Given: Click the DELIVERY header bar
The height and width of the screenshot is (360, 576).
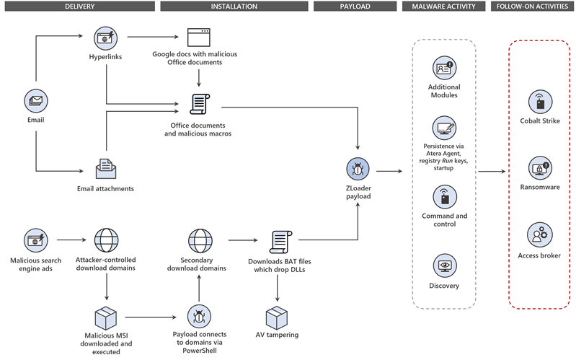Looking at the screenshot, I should click(79, 6).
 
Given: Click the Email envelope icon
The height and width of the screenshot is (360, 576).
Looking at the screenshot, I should click(35, 102).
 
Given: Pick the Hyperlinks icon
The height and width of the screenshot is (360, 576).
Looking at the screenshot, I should click(106, 37).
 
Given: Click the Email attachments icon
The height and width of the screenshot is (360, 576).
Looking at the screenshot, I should click(106, 169).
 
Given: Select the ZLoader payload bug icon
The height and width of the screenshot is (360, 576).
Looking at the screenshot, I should click(358, 170).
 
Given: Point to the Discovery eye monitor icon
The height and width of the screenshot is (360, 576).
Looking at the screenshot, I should click(443, 265).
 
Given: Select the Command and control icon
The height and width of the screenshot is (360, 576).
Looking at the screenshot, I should click(444, 195).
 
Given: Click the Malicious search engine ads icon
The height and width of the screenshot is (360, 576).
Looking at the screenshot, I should click(35, 239).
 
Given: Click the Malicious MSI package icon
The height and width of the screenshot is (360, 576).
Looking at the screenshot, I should click(106, 316).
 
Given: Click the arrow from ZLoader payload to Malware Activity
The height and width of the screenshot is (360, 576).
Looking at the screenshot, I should click(390, 172).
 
